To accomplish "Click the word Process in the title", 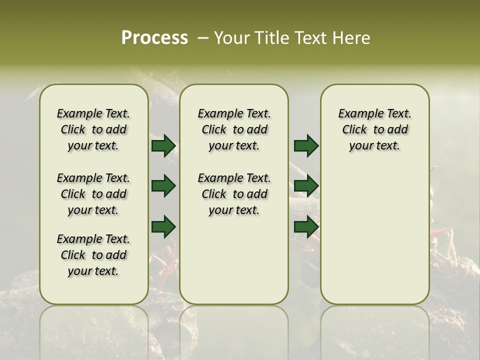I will click(154, 38).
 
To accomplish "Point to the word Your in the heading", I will click(232, 38).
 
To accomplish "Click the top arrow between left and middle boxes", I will click(163, 145).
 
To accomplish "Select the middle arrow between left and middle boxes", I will click(163, 186).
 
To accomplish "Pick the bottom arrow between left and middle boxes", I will click(163, 226).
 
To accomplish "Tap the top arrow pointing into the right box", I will click(306, 145).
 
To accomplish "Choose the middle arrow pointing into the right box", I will click(306, 186).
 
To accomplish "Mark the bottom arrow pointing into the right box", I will click(306, 226).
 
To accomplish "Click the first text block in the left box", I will click(93, 129).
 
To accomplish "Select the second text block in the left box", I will click(93, 194).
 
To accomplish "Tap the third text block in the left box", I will click(93, 255).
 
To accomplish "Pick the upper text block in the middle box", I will click(234, 129).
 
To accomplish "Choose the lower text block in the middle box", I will click(234, 194).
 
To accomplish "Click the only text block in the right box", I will click(374, 129).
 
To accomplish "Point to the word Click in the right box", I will click(354, 129).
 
